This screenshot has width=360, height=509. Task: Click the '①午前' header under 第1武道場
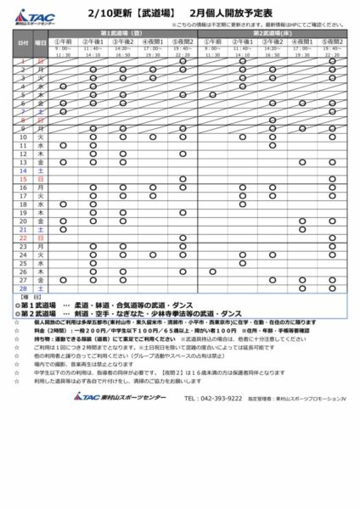click(x=64, y=40)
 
